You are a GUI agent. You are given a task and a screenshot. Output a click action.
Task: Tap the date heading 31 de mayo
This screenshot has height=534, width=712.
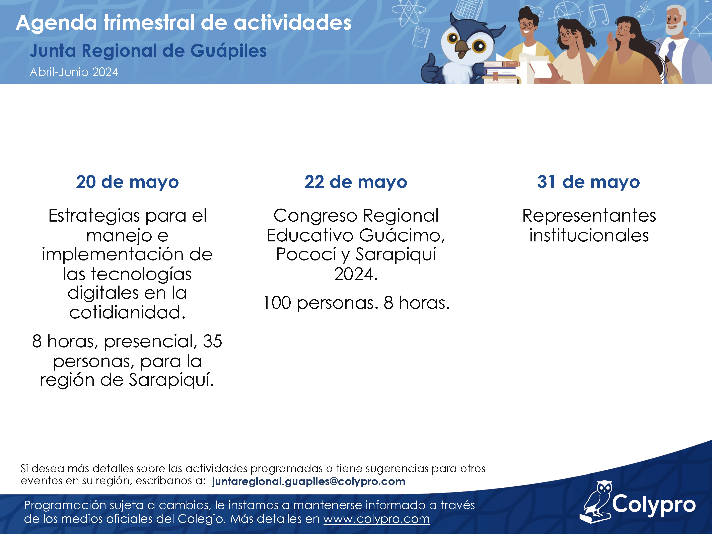pos(588,182)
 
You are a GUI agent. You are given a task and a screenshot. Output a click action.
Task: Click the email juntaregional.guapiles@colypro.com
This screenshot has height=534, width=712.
pos(308,481)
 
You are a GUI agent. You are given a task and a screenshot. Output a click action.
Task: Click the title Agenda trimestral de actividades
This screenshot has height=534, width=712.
pos(184,23)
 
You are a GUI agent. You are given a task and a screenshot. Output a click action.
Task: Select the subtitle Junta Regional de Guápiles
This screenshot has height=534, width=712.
pos(148,51)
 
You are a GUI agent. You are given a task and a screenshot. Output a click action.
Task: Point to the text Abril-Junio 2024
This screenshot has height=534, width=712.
pos(74,72)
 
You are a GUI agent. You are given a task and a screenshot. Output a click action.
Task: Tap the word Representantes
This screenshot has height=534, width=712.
pos(589,216)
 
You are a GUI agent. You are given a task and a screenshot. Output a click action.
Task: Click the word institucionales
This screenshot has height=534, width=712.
pos(589,235)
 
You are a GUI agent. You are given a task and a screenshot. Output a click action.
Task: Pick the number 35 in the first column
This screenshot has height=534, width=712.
pos(212,341)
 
